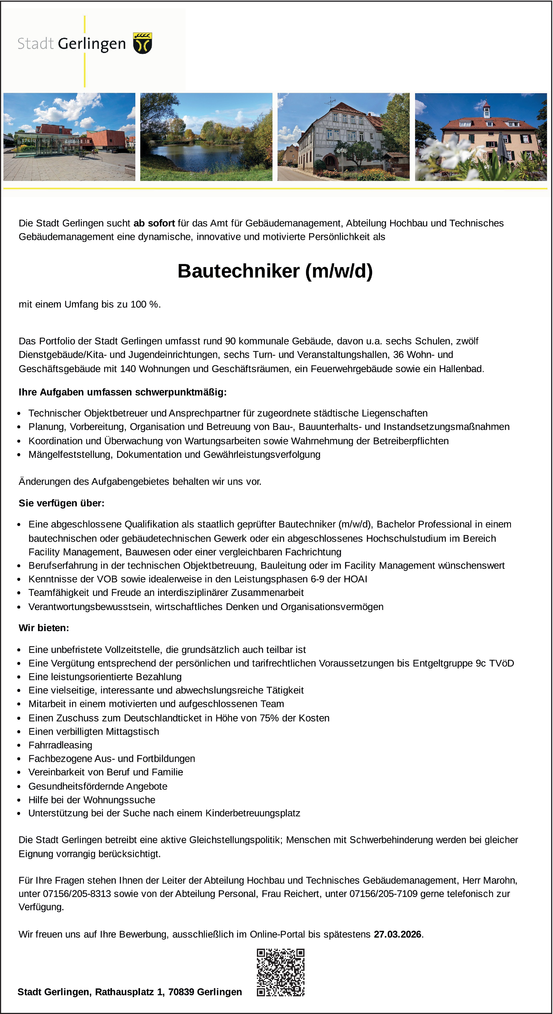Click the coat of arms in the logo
click(x=142, y=43)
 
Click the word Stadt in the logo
click(x=35, y=44)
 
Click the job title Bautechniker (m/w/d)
click(x=275, y=271)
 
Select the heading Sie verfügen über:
click(x=61, y=503)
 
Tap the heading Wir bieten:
click(x=44, y=628)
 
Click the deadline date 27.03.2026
click(x=397, y=934)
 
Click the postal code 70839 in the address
click(x=181, y=992)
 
